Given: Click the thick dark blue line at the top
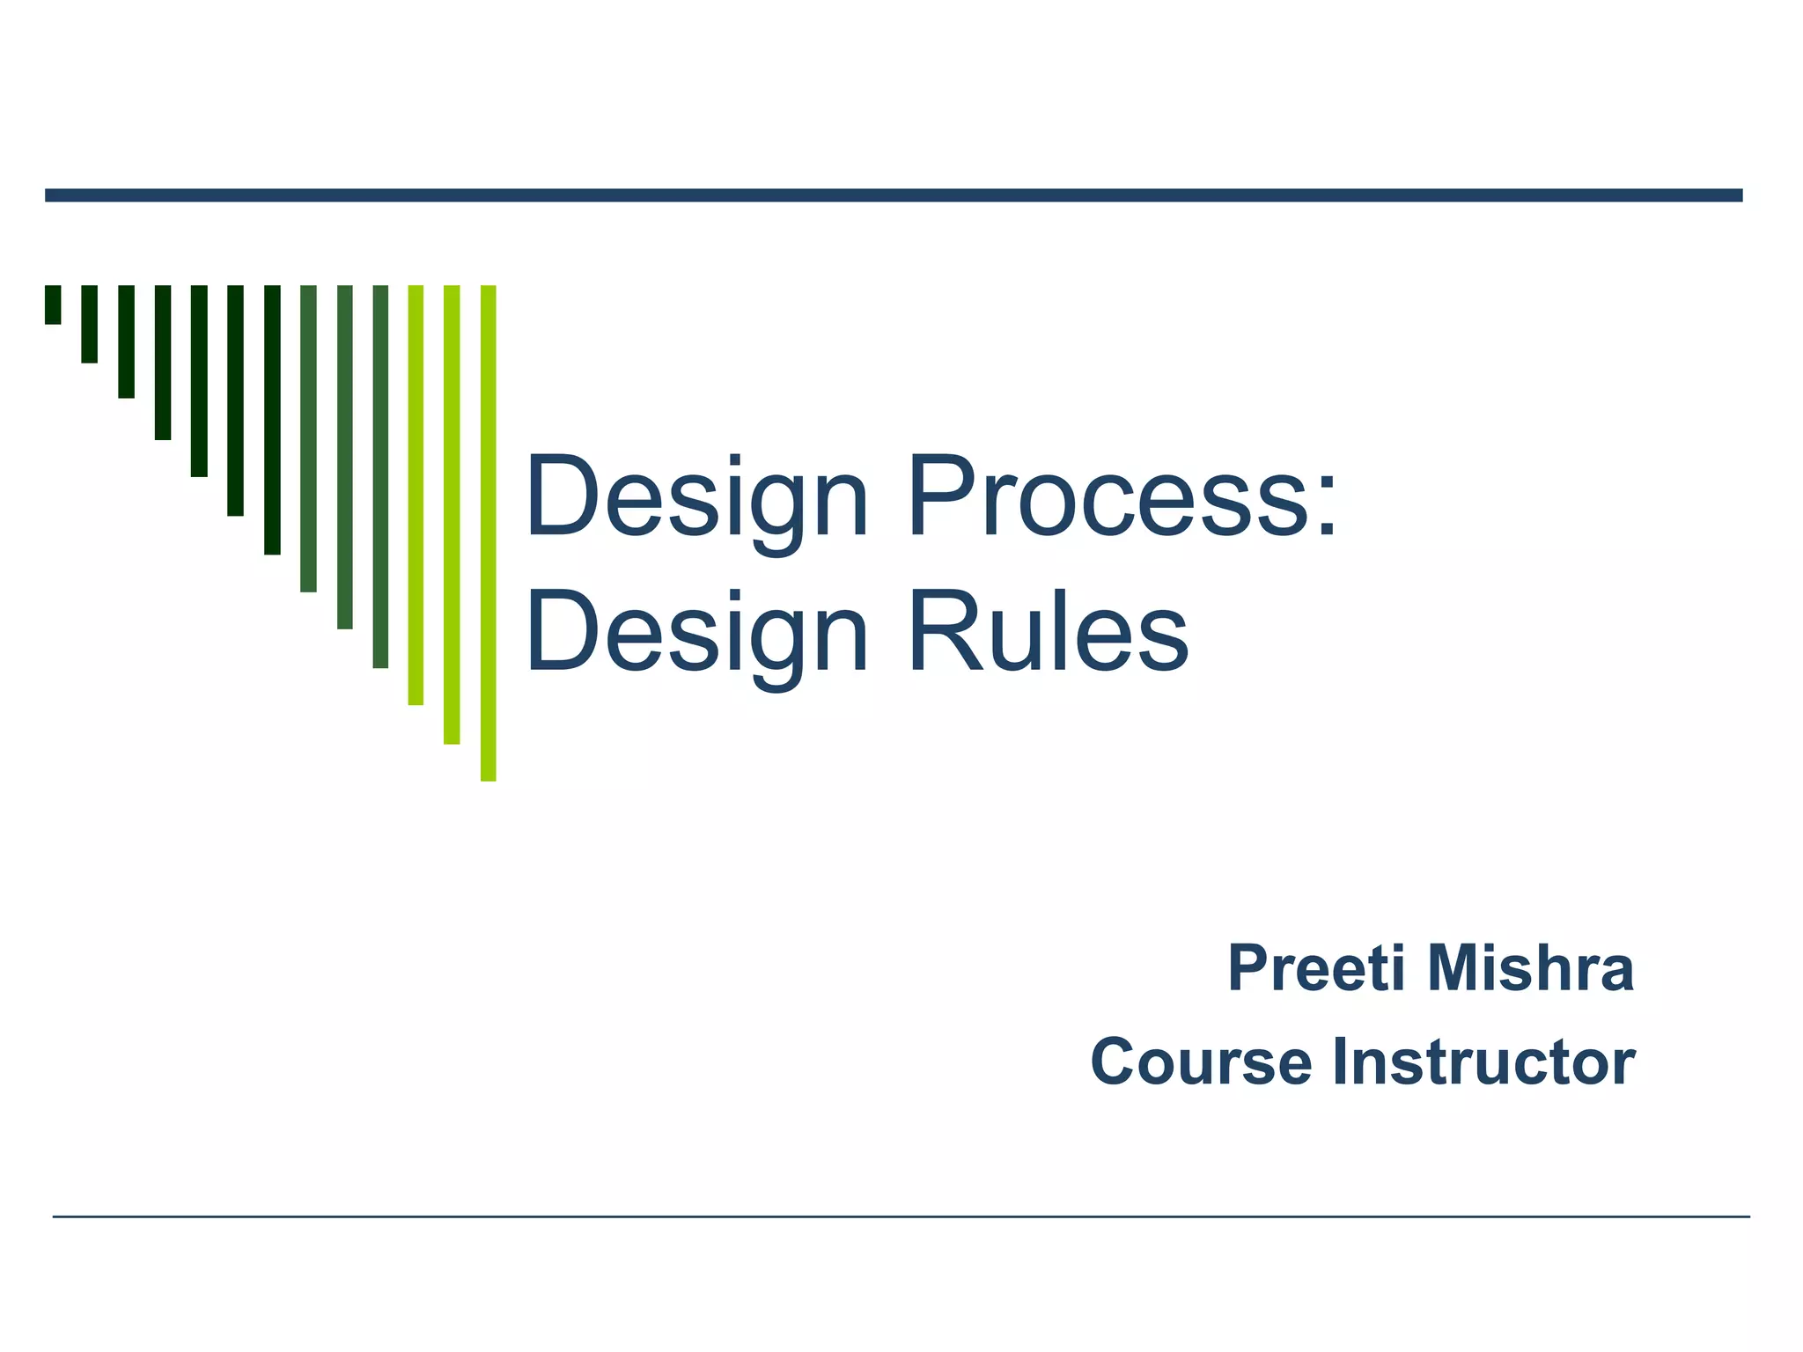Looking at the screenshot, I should coord(894,195).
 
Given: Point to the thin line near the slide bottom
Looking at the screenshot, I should coord(901,1216).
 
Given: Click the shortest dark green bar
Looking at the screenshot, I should coord(53,305).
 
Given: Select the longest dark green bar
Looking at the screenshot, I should coord(272,419).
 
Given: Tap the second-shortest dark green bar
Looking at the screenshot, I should coord(89,324).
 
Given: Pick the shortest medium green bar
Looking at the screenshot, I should coord(308,438).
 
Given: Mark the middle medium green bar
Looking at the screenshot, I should coord(344,457).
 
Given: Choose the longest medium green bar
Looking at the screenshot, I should coord(380,476).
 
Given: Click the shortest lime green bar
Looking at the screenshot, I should coord(416,495).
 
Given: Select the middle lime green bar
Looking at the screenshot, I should coord(452,514).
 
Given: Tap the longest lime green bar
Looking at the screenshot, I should coord(488,533).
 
